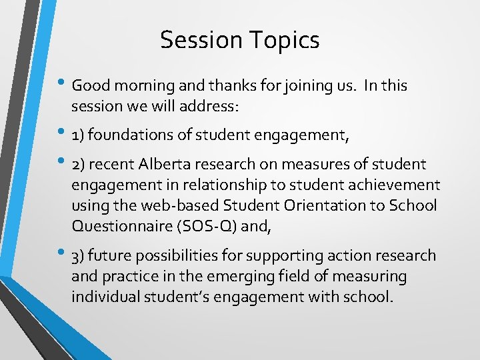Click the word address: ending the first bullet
pos(213,107)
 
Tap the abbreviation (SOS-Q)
pos(203,226)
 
